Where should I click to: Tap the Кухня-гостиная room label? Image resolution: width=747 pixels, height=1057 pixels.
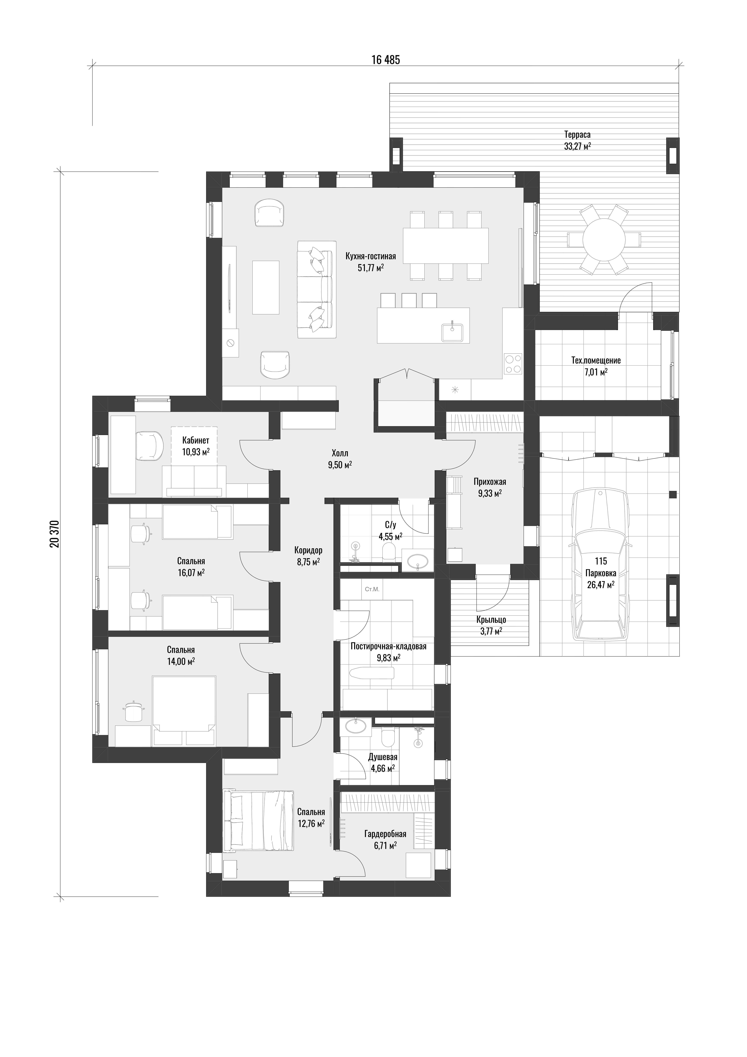tap(371, 256)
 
